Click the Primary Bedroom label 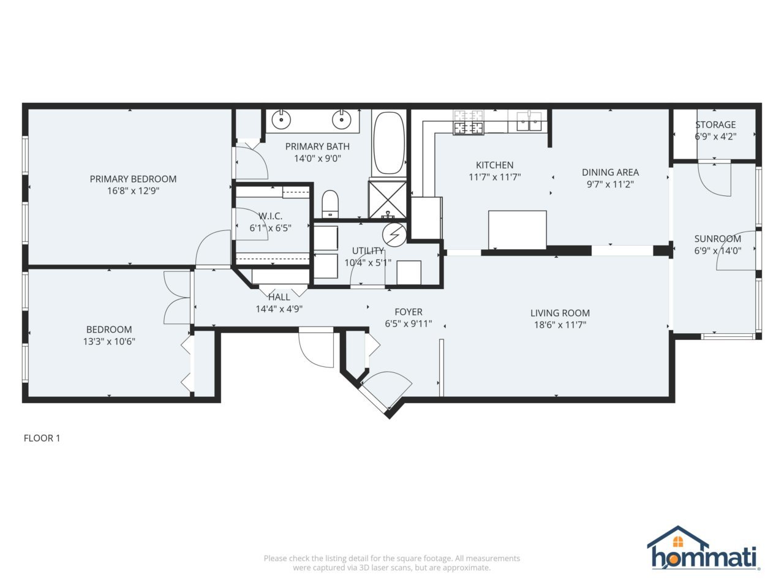tap(133, 179)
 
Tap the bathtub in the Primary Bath tap(388, 143)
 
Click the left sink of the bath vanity tap(281, 120)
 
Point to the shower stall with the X tap(386, 198)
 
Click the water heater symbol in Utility tap(394, 234)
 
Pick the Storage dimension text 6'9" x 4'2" tap(715, 137)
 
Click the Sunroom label tap(717, 239)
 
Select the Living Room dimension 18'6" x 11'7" tap(560, 325)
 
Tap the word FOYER tap(409, 312)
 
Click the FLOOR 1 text tap(42, 438)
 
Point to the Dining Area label tap(610, 172)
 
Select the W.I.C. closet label tap(270, 216)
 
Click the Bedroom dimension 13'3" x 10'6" tap(109, 341)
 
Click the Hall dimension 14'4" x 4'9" tap(279, 309)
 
